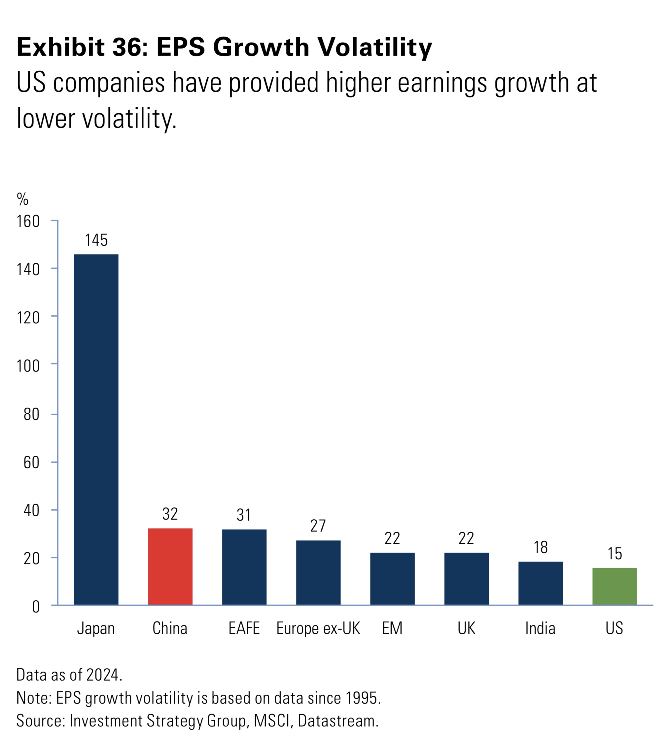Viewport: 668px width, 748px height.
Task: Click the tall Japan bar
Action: click(96, 430)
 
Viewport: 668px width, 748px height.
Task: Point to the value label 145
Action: click(96, 240)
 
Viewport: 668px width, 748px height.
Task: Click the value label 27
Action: click(318, 526)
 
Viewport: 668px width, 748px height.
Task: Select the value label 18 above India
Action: click(541, 547)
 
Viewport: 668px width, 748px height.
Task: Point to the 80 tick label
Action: click(32, 414)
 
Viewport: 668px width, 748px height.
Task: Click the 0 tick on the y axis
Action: click(36, 607)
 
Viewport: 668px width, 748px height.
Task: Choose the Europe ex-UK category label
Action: click(318, 628)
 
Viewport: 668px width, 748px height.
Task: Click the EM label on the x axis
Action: click(392, 628)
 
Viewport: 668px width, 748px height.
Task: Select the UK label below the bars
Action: click(466, 628)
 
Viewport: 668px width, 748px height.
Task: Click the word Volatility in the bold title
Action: click(374, 47)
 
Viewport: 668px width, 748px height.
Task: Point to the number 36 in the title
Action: click(126, 47)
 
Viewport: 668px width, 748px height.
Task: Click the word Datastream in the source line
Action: click(338, 721)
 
